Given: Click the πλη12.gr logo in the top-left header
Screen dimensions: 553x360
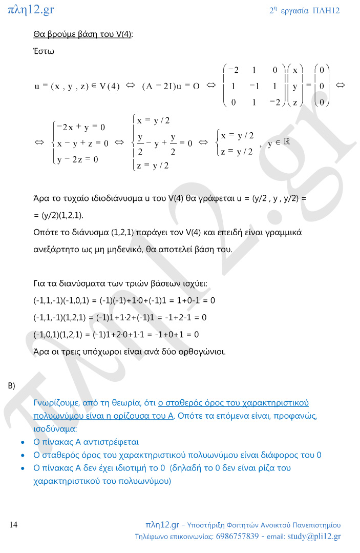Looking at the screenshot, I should (x=31, y=9).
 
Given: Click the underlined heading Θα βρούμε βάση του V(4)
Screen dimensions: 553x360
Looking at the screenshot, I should (x=82, y=34).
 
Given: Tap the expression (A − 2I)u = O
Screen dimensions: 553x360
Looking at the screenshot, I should (x=171, y=86).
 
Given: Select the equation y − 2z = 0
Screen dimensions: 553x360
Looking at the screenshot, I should (x=78, y=159).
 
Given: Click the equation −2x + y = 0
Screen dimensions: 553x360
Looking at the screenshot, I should (x=81, y=127).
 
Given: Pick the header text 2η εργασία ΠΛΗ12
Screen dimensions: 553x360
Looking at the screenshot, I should (x=304, y=10).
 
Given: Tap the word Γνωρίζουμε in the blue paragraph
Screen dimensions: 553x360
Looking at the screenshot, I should (x=56, y=403).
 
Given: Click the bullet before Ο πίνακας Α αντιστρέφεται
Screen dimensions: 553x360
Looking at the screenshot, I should (x=22, y=442).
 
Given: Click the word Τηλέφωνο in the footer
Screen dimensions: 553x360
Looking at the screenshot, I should (x=151, y=537).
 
